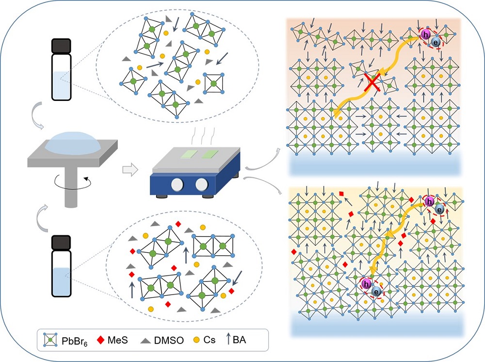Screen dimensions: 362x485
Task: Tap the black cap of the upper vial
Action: pos(62,46)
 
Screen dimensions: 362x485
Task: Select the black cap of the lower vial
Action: pos(62,242)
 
